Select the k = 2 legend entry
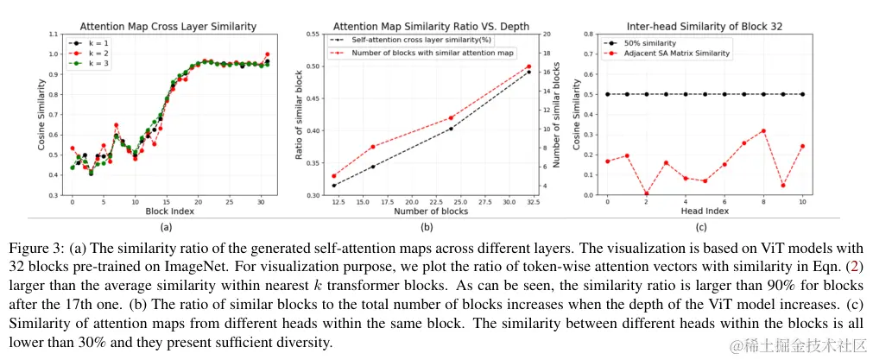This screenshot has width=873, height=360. click(x=92, y=53)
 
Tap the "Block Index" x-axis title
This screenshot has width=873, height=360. click(x=168, y=210)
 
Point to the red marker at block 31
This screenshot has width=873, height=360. click(x=267, y=54)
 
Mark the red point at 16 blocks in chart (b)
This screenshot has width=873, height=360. click(x=373, y=147)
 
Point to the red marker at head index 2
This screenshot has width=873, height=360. click(x=647, y=194)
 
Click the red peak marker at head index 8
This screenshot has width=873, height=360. click(x=763, y=131)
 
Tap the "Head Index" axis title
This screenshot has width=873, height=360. click(x=705, y=210)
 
